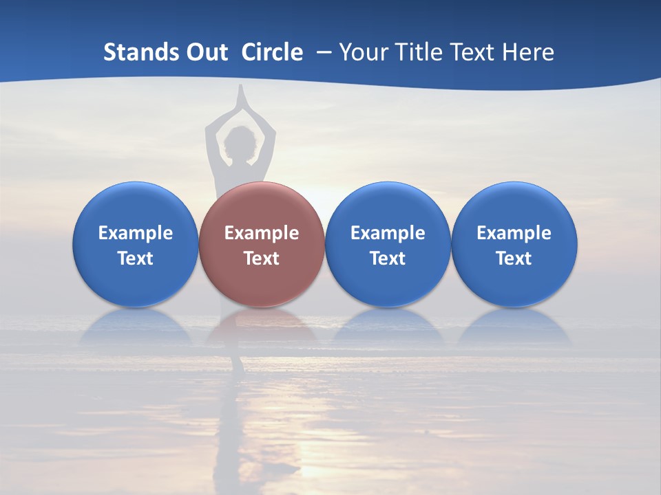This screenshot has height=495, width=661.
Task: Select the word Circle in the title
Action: coord(272,52)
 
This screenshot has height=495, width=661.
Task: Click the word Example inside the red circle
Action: coord(262,233)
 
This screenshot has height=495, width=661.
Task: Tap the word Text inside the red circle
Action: coord(262,258)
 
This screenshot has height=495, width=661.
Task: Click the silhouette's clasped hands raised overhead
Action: coord(240,100)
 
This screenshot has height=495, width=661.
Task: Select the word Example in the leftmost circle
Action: coord(135,233)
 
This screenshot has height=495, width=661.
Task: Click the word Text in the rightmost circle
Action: coord(514,258)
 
